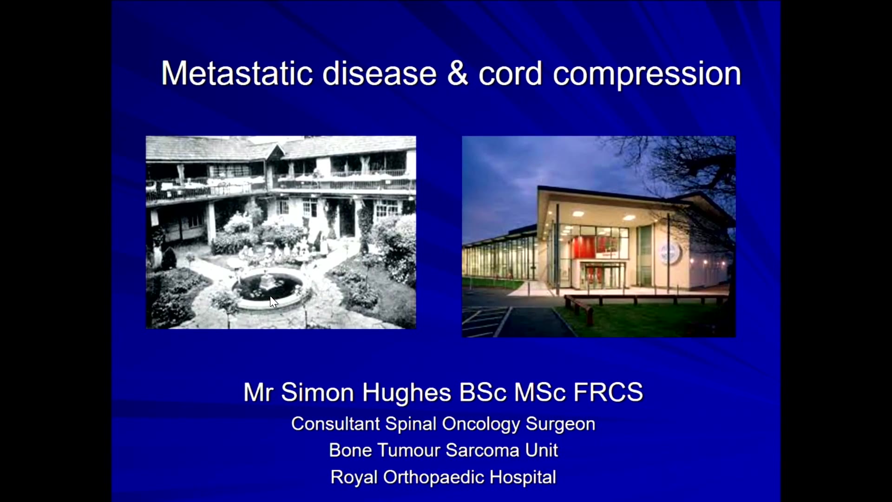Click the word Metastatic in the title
[237, 73]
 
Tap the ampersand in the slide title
[458, 73]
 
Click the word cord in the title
[510, 73]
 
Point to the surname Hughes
[407, 393]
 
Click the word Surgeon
[560, 425]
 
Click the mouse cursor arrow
[274, 302]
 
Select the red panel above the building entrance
[595, 247]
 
